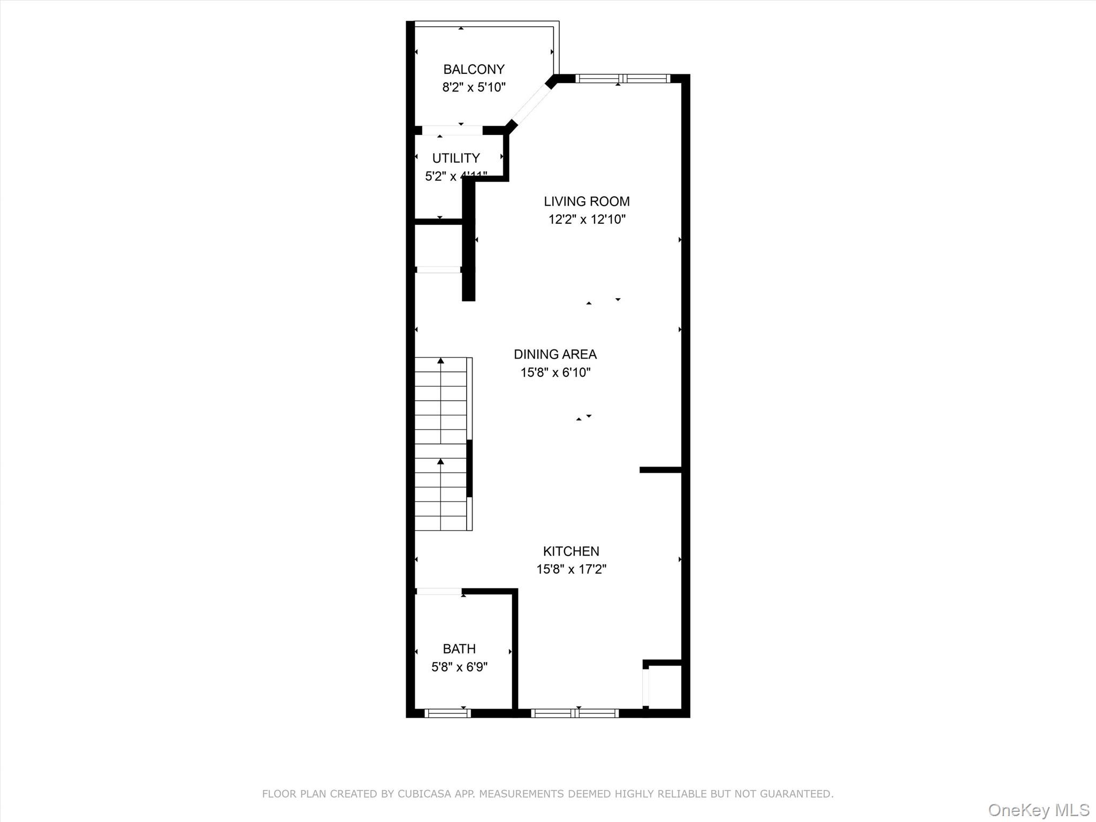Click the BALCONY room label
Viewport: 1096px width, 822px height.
[474, 70]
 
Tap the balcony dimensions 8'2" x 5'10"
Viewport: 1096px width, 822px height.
[474, 87]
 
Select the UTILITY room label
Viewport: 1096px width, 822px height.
[456, 158]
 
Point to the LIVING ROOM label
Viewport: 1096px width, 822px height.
[587, 202]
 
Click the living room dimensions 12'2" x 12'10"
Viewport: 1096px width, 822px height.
[587, 219]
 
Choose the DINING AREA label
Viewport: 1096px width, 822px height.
[555, 354]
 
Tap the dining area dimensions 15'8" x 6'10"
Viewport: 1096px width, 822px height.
[555, 372]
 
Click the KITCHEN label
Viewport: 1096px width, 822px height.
[571, 551]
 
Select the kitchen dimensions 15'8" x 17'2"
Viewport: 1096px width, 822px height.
[571, 569]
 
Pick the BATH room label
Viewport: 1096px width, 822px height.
[459, 649]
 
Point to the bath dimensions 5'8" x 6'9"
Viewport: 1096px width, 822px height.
[459, 667]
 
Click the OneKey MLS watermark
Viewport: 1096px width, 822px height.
[1038, 810]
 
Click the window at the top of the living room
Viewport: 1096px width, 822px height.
[622, 79]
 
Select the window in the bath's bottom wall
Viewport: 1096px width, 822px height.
[447, 713]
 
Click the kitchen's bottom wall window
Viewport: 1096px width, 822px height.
[575, 713]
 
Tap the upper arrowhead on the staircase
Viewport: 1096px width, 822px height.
[440, 361]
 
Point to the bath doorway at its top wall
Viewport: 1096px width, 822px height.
[439, 591]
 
